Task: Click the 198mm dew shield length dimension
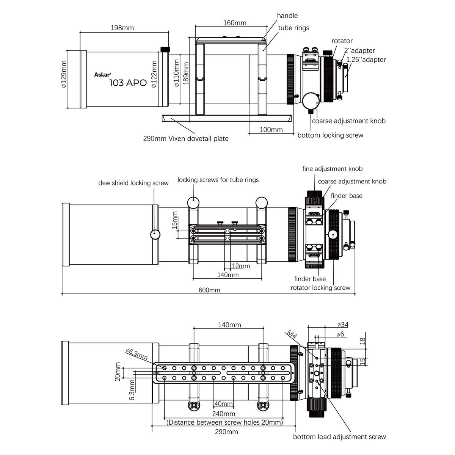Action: tap(122, 28)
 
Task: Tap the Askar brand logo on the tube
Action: tap(102, 75)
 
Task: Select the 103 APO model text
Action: tap(128, 83)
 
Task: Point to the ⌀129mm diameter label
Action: tap(64, 74)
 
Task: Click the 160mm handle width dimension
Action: tap(235, 23)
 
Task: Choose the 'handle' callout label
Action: tap(287, 16)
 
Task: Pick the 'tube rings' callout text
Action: tap(293, 28)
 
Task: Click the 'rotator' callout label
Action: tap(342, 41)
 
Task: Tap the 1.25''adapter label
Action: tap(366, 60)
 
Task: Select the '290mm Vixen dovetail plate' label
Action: tap(186, 138)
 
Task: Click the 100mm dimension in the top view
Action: tap(271, 130)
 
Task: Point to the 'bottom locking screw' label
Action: tap(330, 135)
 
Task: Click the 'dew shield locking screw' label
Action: tap(133, 183)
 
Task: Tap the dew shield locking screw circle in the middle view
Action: tap(155, 234)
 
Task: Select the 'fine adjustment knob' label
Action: tap(333, 169)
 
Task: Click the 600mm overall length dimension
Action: tap(209, 290)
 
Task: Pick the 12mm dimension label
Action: tap(241, 266)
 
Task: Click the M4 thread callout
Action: tap(292, 335)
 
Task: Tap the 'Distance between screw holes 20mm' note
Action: tap(224, 422)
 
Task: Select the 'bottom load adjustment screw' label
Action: tap(339, 437)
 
